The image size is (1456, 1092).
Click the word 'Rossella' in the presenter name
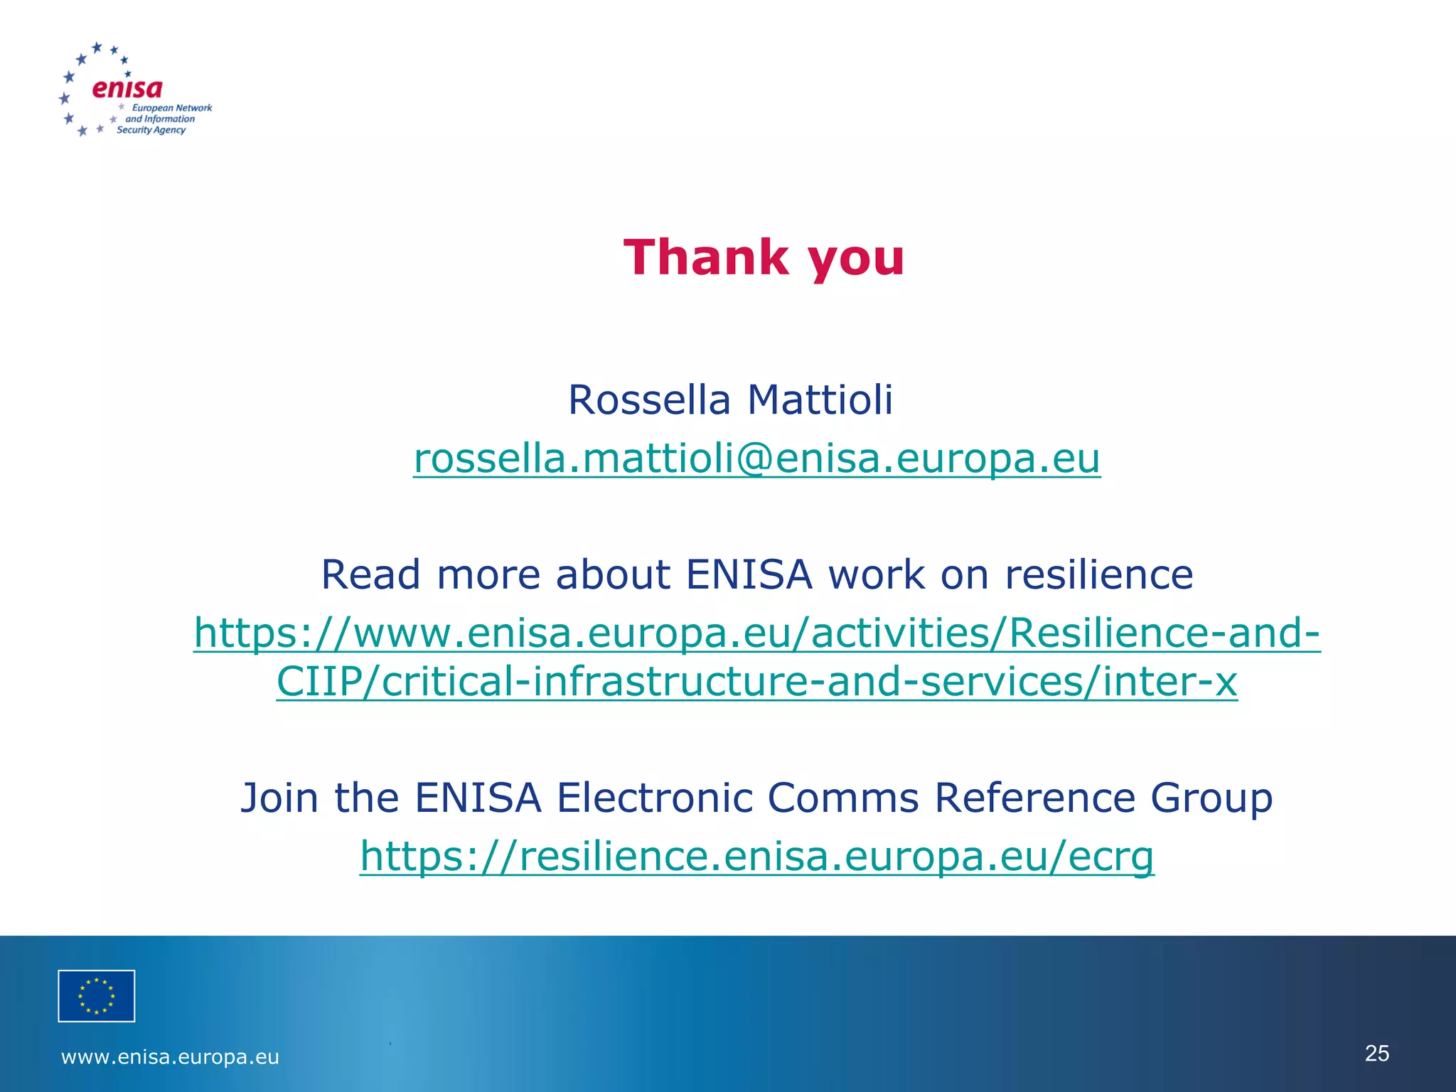pyautogui.click(x=649, y=400)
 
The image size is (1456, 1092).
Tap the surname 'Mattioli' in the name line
pyautogui.click(x=820, y=400)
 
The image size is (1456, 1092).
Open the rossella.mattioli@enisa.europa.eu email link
pyautogui.click(x=756, y=458)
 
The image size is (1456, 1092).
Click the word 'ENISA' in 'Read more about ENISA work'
pyautogui.click(x=749, y=574)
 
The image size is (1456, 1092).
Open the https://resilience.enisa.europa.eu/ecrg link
pyautogui.click(x=756, y=855)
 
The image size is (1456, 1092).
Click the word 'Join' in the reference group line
pyautogui.click(x=279, y=798)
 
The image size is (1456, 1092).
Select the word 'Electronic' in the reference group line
pyautogui.click(x=654, y=798)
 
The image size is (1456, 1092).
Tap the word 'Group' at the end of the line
pyautogui.click(x=1211, y=798)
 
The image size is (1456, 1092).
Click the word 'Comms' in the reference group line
pyautogui.click(x=843, y=798)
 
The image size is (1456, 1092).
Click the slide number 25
pyautogui.click(x=1377, y=1053)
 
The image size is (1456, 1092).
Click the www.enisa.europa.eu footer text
pyautogui.click(x=170, y=1057)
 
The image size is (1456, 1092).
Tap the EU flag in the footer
pyautogui.click(x=96, y=995)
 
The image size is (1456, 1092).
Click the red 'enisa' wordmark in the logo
pyautogui.click(x=127, y=88)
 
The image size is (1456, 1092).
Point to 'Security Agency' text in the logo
pyautogui.click(x=151, y=130)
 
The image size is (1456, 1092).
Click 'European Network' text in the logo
pyautogui.click(x=172, y=108)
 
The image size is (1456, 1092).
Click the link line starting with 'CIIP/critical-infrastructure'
pyautogui.click(x=756, y=681)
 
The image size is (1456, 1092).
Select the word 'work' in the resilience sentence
pyautogui.click(x=877, y=574)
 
